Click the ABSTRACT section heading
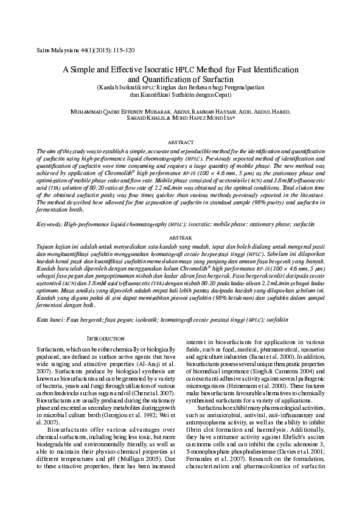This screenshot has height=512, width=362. pyautogui.click(x=181, y=142)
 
